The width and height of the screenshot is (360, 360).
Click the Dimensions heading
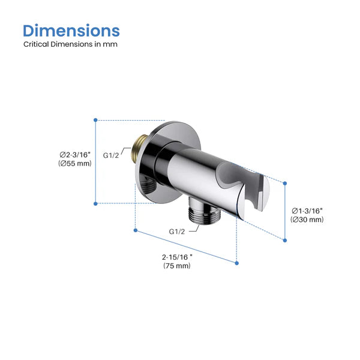tap(71, 31)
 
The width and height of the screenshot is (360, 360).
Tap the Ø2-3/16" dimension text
tap(75, 155)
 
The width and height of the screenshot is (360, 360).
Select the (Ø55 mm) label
tap(75, 163)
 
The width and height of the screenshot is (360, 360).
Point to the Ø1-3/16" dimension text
tap(307, 211)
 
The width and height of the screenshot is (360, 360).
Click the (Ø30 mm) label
tap(307, 220)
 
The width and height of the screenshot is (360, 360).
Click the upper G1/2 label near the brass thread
tap(112, 155)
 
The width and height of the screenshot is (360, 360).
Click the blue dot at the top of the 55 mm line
tap(95, 120)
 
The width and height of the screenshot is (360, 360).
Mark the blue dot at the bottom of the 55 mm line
tap(95, 203)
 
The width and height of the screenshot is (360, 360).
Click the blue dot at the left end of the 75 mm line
tap(136, 230)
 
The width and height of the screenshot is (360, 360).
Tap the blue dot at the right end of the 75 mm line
tap(236, 262)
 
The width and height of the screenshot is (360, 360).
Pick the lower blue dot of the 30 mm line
tap(284, 240)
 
